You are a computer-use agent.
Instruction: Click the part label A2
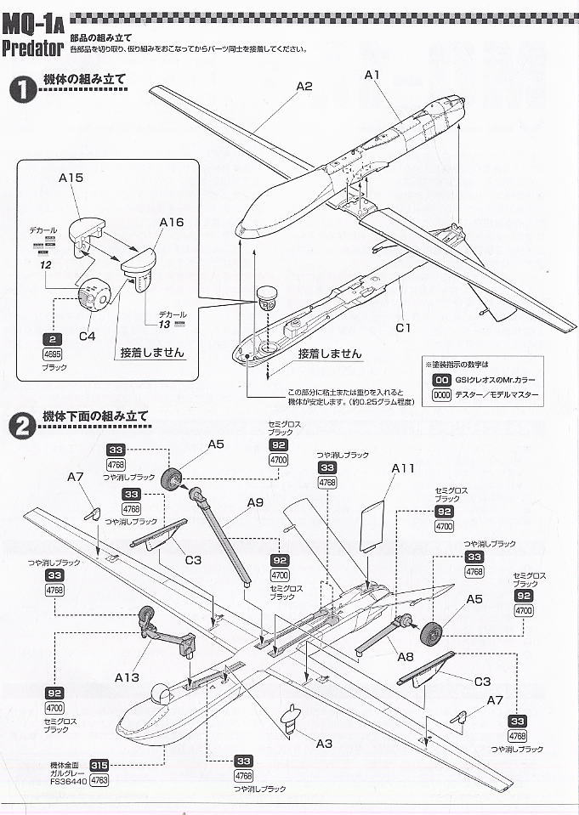pos(304,86)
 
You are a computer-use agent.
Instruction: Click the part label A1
pos(372,76)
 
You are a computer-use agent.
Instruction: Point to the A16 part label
pos(171,223)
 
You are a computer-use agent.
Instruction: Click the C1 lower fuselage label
pos(403,327)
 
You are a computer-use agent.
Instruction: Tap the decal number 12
pos(45,264)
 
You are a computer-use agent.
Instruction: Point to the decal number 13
pos(164,323)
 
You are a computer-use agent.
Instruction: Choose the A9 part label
pos(255,502)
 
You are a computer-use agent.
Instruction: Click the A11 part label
pos(402,468)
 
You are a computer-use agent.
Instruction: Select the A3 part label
pos(323,744)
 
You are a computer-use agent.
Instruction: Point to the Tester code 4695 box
pos(52,355)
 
